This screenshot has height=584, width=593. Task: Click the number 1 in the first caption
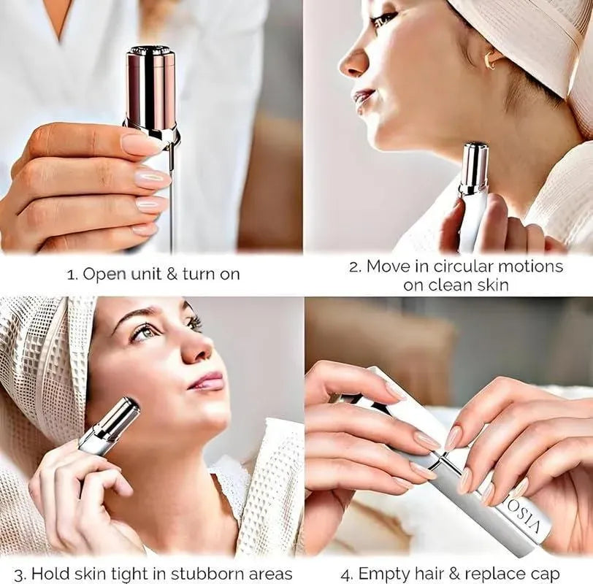[x=71, y=275]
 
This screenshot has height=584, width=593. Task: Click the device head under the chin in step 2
[x=474, y=166]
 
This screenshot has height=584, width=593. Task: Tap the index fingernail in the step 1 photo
[x=140, y=144]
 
